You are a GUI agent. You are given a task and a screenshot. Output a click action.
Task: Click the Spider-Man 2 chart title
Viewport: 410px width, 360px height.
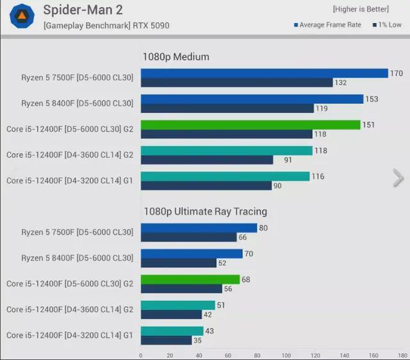pyautogui.click(x=83, y=10)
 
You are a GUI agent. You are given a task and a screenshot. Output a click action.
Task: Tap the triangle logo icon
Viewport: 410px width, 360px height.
pyautogui.click(x=22, y=15)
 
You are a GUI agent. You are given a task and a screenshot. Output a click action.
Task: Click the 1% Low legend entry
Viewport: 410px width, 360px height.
pyautogui.click(x=386, y=25)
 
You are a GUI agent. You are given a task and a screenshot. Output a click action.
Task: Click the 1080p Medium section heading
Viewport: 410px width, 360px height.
pyautogui.click(x=176, y=57)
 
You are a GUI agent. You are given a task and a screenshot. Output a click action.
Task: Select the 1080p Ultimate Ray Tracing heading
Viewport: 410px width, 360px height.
pyautogui.click(x=205, y=211)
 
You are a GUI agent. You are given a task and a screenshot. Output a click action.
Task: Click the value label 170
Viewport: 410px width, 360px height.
pyautogui.click(x=397, y=74)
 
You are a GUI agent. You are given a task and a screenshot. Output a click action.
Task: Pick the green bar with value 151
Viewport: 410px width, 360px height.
pyautogui.click(x=250, y=125)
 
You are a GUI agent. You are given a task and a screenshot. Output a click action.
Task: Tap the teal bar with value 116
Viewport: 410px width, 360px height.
pyautogui.click(x=225, y=176)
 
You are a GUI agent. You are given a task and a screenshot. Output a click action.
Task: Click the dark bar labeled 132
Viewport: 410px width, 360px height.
pyautogui.click(x=236, y=83)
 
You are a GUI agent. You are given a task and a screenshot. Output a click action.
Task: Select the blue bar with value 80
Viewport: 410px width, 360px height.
pyautogui.click(x=199, y=228)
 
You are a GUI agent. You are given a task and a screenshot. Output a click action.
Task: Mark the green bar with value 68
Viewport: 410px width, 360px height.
pyautogui.click(x=190, y=279)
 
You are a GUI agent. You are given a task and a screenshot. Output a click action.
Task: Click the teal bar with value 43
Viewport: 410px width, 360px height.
pyautogui.click(x=172, y=331)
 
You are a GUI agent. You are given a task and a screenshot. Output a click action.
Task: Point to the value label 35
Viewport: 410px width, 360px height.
pyautogui.click(x=197, y=340)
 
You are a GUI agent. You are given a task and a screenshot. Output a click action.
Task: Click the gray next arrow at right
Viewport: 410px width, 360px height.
pyautogui.click(x=398, y=178)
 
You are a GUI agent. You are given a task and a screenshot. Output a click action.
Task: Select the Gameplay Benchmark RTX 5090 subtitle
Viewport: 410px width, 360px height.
pyautogui.click(x=106, y=26)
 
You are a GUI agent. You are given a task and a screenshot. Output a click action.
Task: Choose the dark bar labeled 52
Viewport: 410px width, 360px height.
pyautogui.click(x=179, y=263)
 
